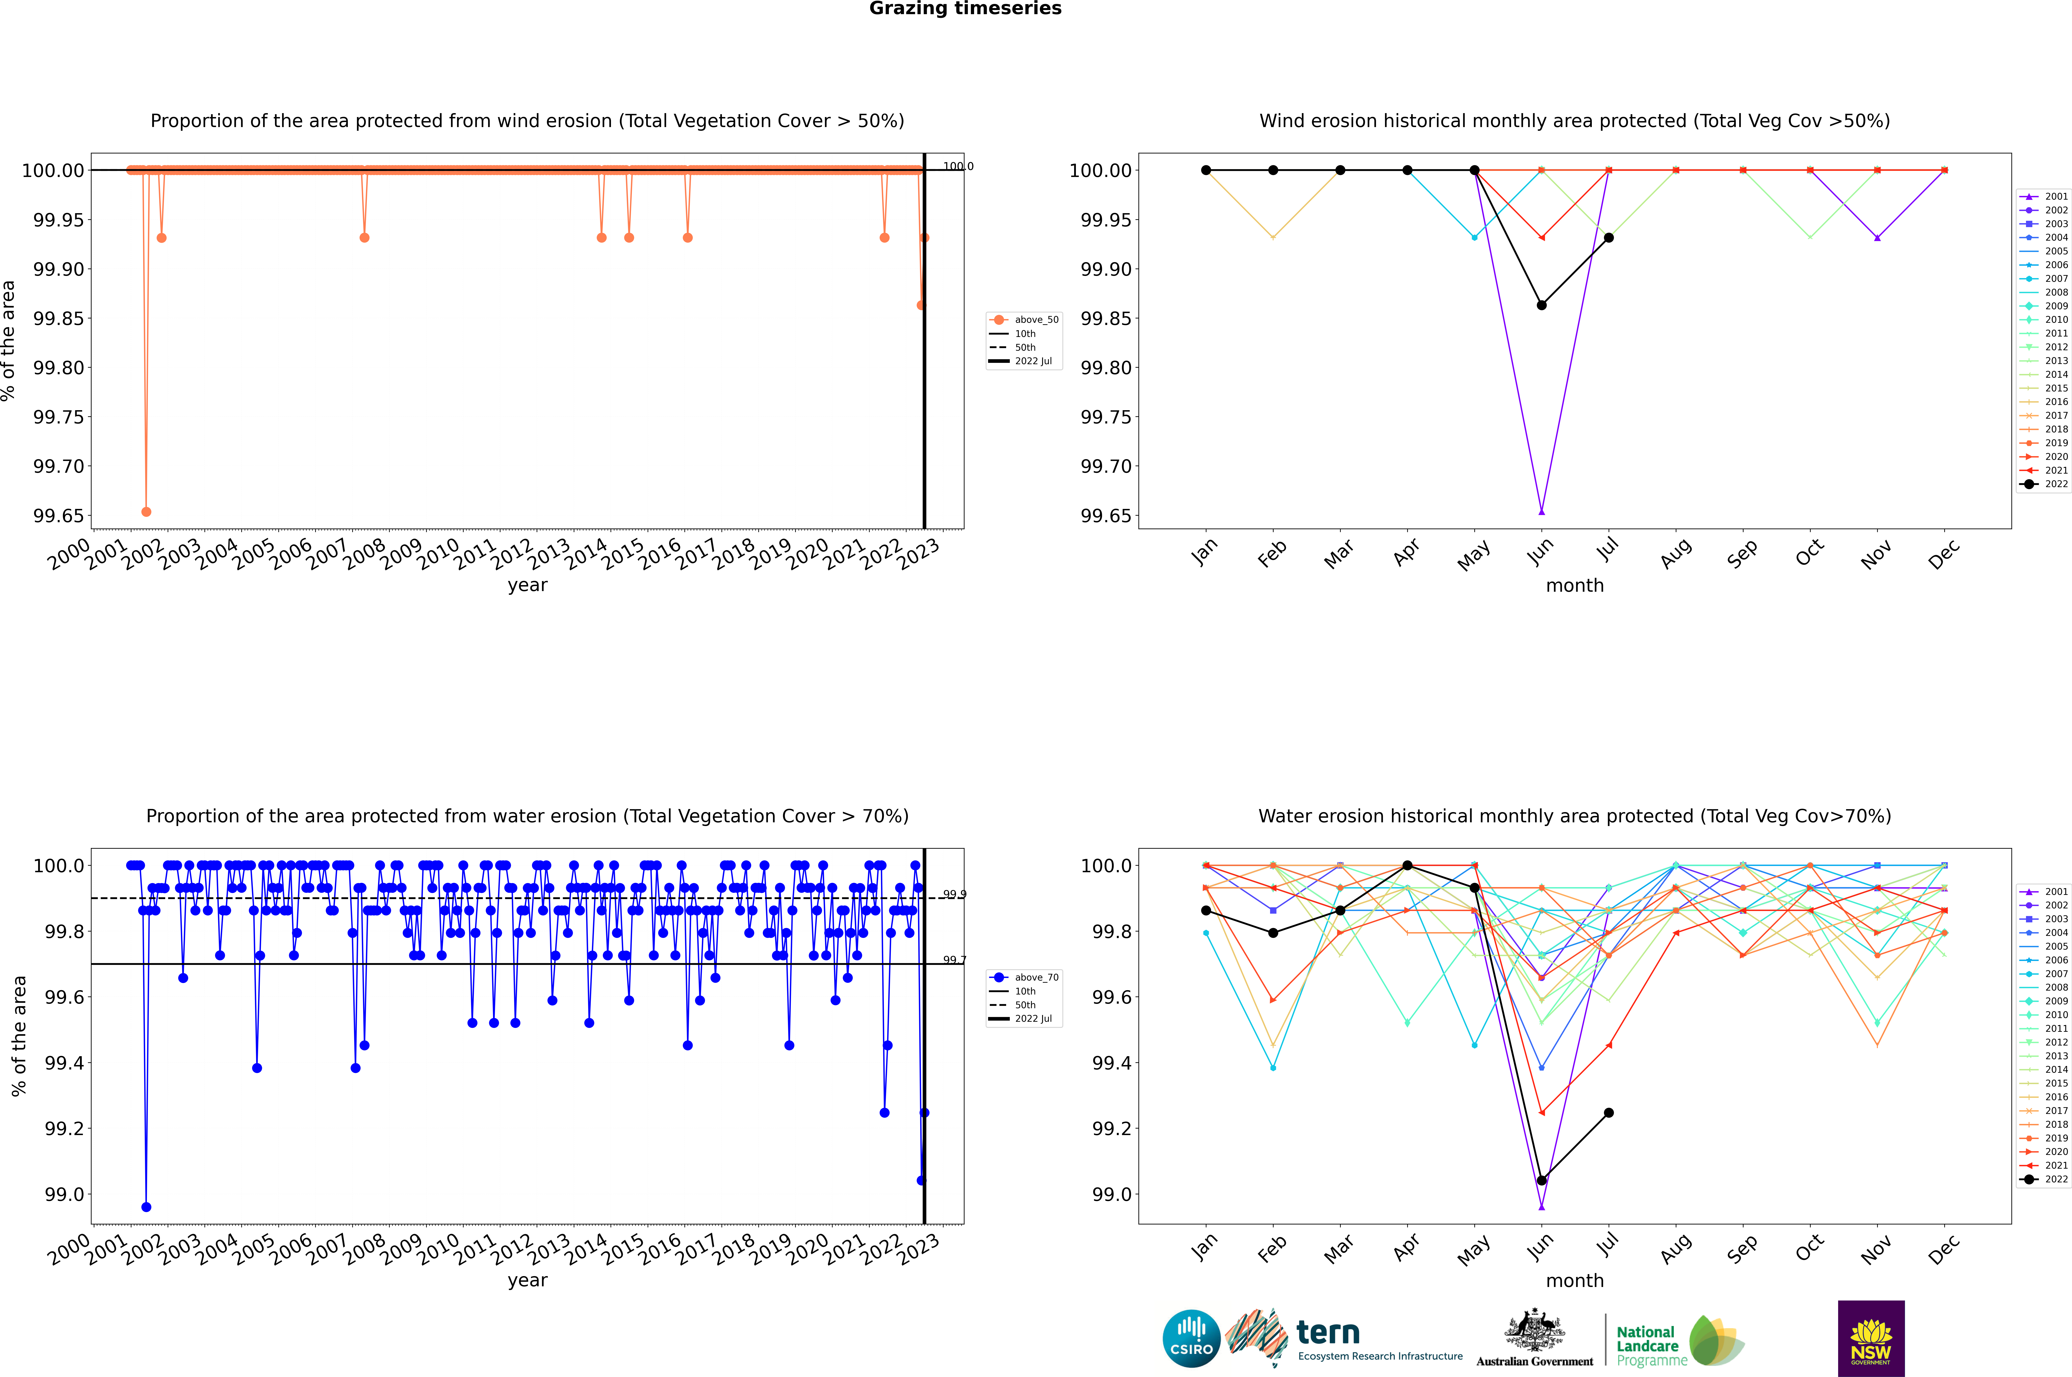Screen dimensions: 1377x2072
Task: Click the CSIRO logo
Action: click(1191, 1338)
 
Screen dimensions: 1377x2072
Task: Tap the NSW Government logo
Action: click(1871, 1338)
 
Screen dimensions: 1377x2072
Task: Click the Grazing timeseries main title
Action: click(965, 9)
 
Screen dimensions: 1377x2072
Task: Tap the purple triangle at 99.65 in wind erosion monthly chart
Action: click(1541, 511)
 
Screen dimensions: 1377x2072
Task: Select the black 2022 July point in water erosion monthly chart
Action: click(1608, 1113)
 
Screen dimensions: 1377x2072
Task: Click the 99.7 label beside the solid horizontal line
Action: click(955, 960)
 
